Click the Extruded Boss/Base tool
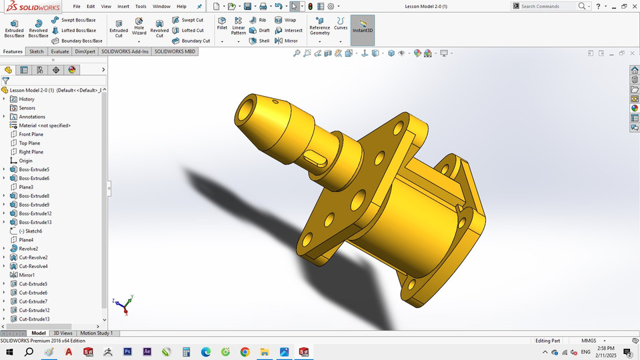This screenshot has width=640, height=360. click(14, 29)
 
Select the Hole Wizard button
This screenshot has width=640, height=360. click(139, 29)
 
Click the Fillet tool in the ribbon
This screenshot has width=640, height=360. click(222, 24)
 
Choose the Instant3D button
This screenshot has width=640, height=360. click(362, 27)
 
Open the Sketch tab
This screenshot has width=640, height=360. click(36, 51)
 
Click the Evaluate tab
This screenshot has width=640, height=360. click(59, 51)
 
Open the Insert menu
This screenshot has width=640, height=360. click(123, 6)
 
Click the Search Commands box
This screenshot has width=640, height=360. click(547, 6)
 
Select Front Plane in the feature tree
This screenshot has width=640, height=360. click(31, 134)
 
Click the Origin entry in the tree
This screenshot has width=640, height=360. click(25, 161)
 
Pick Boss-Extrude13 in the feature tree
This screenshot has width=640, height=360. click(35, 222)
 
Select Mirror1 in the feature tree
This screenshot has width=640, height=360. click(27, 275)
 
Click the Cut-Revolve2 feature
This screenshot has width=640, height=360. click(33, 257)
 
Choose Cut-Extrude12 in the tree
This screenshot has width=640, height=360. click(34, 310)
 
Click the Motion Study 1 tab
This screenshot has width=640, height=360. click(97, 333)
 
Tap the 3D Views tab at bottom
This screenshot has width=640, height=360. click(63, 333)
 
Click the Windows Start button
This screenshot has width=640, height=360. click(9, 351)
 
